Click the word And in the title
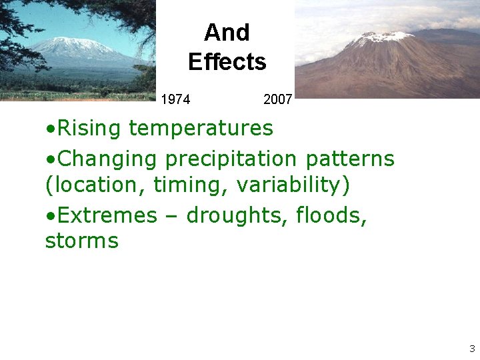tap(227, 32)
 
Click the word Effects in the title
tap(227, 62)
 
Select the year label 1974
tap(175, 100)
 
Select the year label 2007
tap(277, 100)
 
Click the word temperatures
tap(201, 127)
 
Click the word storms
tap(81, 241)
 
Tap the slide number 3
tap(472, 349)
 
